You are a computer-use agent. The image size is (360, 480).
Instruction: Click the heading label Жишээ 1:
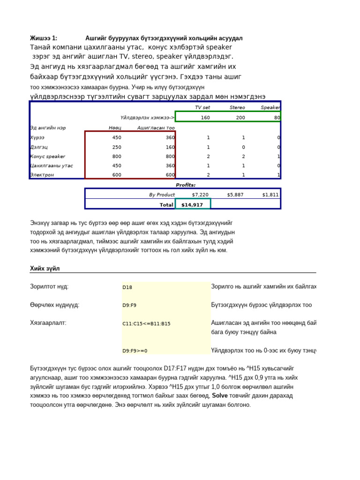click(x=44, y=38)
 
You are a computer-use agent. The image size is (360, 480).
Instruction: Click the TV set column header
click(x=202, y=107)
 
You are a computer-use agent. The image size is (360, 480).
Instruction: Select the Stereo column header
click(x=237, y=107)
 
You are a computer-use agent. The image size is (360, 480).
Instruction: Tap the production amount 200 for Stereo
click(x=240, y=118)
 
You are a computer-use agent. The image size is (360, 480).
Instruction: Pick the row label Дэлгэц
click(x=39, y=147)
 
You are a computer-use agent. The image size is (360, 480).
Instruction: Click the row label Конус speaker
click(x=47, y=157)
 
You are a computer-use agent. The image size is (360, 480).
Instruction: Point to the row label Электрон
click(x=42, y=175)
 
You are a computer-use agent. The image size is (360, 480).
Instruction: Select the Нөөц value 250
click(x=116, y=147)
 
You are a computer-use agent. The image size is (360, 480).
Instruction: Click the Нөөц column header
click(x=115, y=127)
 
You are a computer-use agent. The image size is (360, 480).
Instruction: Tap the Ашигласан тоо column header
click(x=156, y=127)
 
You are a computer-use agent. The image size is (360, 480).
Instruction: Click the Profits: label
click(x=186, y=185)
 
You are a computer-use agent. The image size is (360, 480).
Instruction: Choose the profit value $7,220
click(x=200, y=195)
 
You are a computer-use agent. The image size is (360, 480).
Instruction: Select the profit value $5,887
click(x=235, y=195)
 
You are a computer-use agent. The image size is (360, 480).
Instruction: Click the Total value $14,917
click(x=192, y=205)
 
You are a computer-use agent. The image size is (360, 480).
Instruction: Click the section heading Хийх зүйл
click(x=45, y=269)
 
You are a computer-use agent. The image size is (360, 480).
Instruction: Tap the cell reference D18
click(x=127, y=287)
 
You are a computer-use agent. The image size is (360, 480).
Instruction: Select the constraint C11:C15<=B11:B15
click(x=146, y=323)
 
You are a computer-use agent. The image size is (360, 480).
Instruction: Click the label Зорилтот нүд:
click(x=49, y=286)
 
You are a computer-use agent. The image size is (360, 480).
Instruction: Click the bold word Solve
click(x=220, y=396)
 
